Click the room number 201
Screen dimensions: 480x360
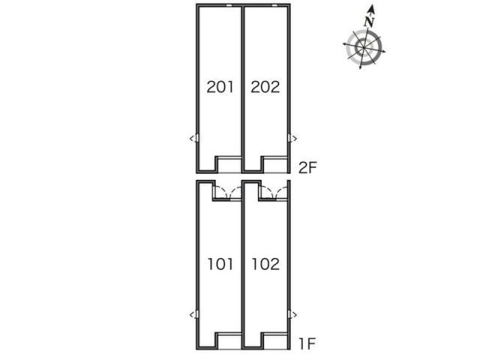click(220, 87)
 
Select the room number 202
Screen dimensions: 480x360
click(265, 87)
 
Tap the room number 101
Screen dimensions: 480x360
click(220, 264)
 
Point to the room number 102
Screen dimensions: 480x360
click(265, 264)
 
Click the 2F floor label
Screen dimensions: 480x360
click(307, 167)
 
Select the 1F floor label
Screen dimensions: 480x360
click(307, 343)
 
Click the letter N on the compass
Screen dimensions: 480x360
click(370, 22)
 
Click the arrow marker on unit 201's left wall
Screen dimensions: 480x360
click(194, 138)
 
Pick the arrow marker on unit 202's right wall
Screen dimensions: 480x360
click(292, 138)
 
